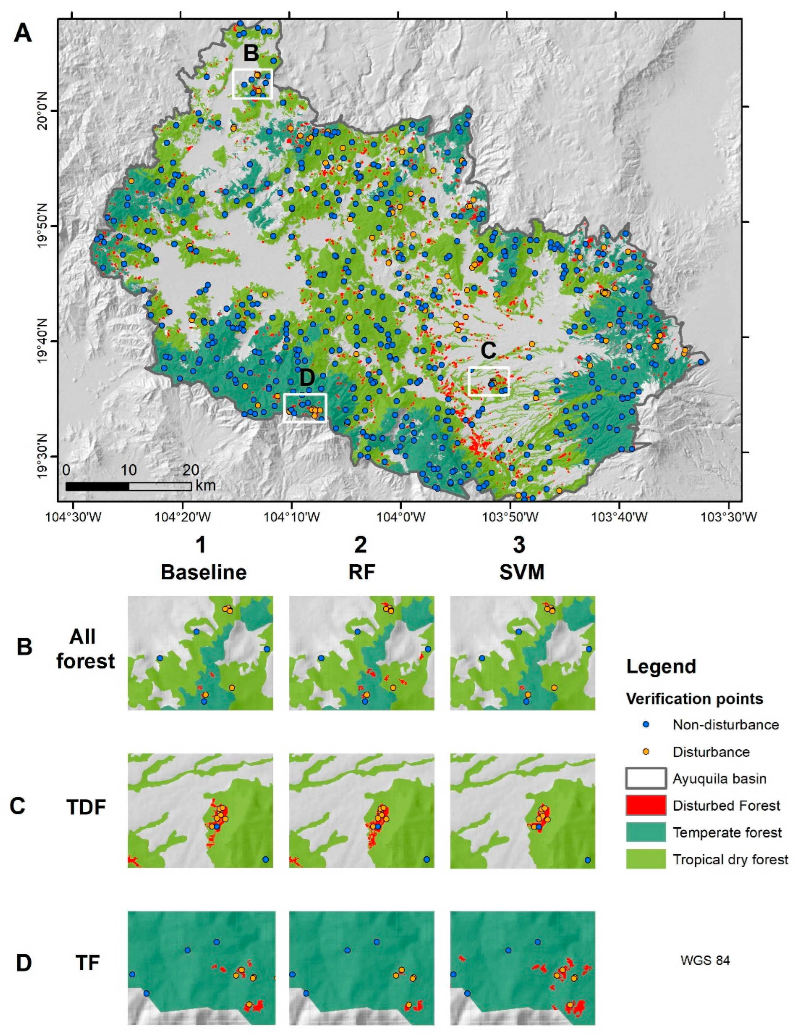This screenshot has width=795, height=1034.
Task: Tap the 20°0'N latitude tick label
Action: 47,110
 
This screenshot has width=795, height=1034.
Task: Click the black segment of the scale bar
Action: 97,486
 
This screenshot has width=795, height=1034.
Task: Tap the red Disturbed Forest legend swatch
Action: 646,805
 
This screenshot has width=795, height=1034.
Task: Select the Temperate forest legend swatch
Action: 646,832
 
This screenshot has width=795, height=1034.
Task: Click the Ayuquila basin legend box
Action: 646,778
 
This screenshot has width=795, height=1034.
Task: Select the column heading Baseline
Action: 203,573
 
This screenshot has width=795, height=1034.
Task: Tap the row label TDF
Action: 86,807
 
